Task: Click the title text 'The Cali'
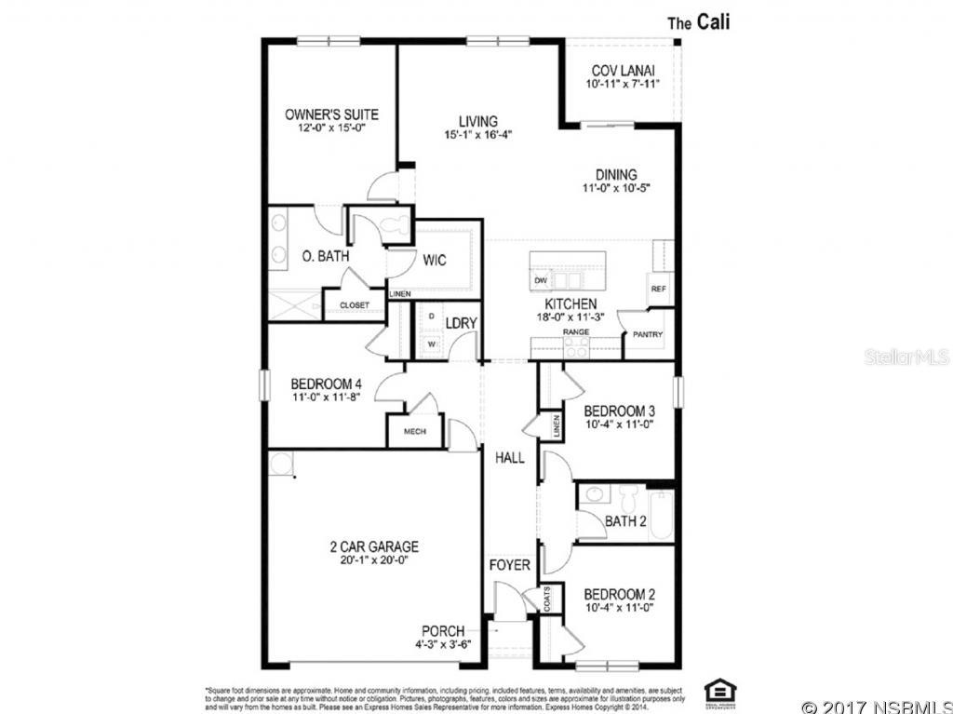pyautogui.click(x=699, y=22)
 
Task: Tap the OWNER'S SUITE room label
pyautogui.click(x=331, y=115)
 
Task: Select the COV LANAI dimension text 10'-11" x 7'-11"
pyautogui.click(x=623, y=84)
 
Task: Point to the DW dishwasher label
pyautogui.click(x=540, y=280)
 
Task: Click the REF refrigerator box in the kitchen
pyautogui.click(x=659, y=289)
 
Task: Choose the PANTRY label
pyautogui.click(x=648, y=333)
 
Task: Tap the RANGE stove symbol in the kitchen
pyautogui.click(x=576, y=346)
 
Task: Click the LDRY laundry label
pyautogui.click(x=461, y=323)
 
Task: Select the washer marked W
pyautogui.click(x=432, y=344)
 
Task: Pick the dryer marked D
pyautogui.click(x=432, y=317)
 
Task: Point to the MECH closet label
pyautogui.click(x=414, y=432)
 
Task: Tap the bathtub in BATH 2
pyautogui.click(x=661, y=515)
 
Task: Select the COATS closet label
pyautogui.click(x=547, y=599)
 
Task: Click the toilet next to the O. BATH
pyautogui.click(x=396, y=223)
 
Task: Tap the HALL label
pyautogui.click(x=509, y=458)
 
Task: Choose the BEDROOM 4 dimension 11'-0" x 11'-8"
pyautogui.click(x=326, y=397)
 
